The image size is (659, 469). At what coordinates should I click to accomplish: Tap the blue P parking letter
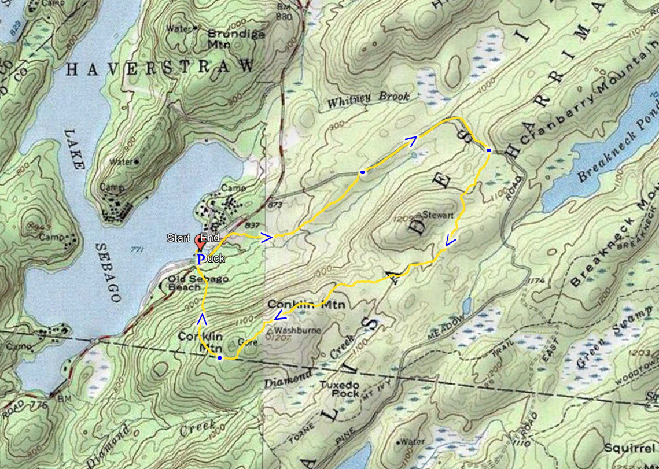pyautogui.click(x=200, y=259)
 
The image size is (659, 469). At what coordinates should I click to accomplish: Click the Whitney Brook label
pyautogui.click(x=368, y=99)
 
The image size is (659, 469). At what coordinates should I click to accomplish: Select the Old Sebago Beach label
pyautogui.click(x=191, y=283)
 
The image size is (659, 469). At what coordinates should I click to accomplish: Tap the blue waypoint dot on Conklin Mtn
pyautogui.click(x=220, y=358)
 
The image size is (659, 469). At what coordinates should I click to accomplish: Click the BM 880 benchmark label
pyautogui.click(x=283, y=10)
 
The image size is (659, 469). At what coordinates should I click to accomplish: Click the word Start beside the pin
pyautogui.click(x=178, y=238)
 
